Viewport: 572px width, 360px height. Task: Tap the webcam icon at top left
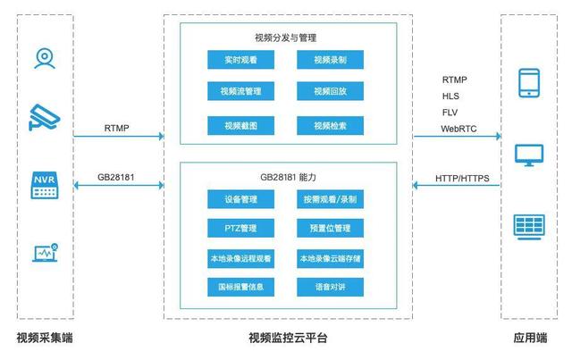(44, 57)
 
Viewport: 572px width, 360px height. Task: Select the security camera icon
(44, 117)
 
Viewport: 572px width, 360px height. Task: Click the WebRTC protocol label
(458, 129)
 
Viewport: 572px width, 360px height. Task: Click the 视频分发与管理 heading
(286, 38)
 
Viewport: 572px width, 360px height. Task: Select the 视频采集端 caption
(45, 339)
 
